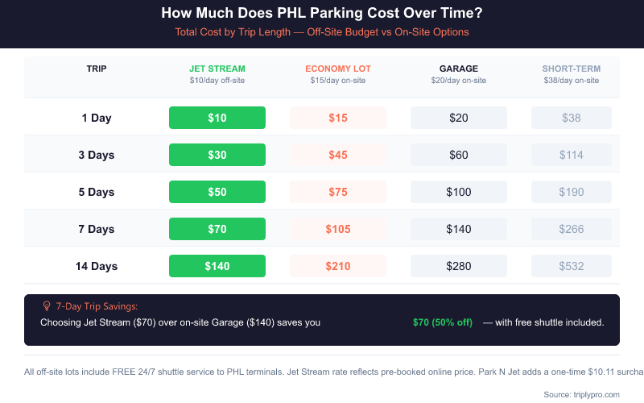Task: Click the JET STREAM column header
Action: [x=217, y=69]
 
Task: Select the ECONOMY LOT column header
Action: [x=337, y=69]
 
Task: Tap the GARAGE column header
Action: [x=458, y=69]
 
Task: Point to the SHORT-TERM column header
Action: [x=571, y=69]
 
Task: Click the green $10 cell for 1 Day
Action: [x=217, y=118]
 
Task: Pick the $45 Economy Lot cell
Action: [x=337, y=155]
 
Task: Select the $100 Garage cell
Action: [x=458, y=192]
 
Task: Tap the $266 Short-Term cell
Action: [x=571, y=229]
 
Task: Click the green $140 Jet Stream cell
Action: [x=217, y=266]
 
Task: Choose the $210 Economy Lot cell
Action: [x=337, y=266]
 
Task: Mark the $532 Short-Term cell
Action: [x=571, y=266]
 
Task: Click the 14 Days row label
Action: [x=97, y=266]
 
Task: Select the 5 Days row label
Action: [x=97, y=192]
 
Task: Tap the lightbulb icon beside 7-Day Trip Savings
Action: [x=46, y=306]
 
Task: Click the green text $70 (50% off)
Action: [x=442, y=322]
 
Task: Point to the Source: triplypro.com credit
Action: [x=581, y=394]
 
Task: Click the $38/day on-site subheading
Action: [x=571, y=81]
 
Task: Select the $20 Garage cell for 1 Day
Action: [x=458, y=118]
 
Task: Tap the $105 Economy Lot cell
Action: [x=337, y=229]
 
